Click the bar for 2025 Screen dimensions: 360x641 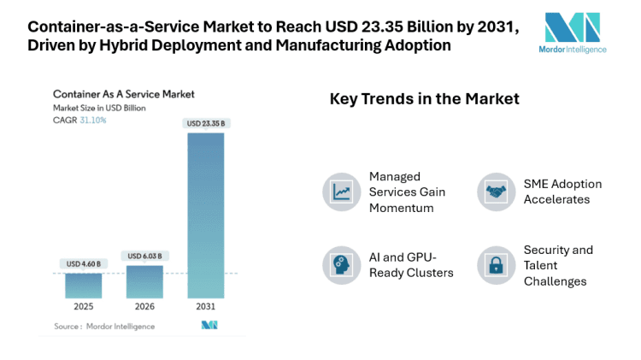tap(84, 285)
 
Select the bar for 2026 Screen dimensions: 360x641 tap(145, 281)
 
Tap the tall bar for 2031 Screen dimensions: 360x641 tap(206, 214)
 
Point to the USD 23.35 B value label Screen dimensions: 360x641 tap(206, 124)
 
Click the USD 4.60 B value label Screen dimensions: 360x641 tap(84, 263)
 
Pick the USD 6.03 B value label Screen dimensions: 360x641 tap(145, 256)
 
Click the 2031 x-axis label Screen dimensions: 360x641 tap(206, 306)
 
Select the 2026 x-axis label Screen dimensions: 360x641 tap(145, 306)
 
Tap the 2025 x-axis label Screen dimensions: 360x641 tap(84, 306)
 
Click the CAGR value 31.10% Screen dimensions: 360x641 tap(93, 120)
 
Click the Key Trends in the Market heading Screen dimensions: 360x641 tap(425, 99)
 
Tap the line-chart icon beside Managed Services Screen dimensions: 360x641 tap(341, 192)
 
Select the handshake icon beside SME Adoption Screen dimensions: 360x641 tap(496, 192)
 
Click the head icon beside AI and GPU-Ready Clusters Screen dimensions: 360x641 tap(341, 264)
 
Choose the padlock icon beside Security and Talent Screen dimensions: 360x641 tap(496, 264)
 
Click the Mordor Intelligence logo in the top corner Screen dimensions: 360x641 tap(575, 32)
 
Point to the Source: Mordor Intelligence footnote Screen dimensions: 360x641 tap(104, 326)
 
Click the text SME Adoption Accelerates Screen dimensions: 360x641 tap(562, 192)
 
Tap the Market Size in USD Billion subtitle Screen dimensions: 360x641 tap(101, 107)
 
